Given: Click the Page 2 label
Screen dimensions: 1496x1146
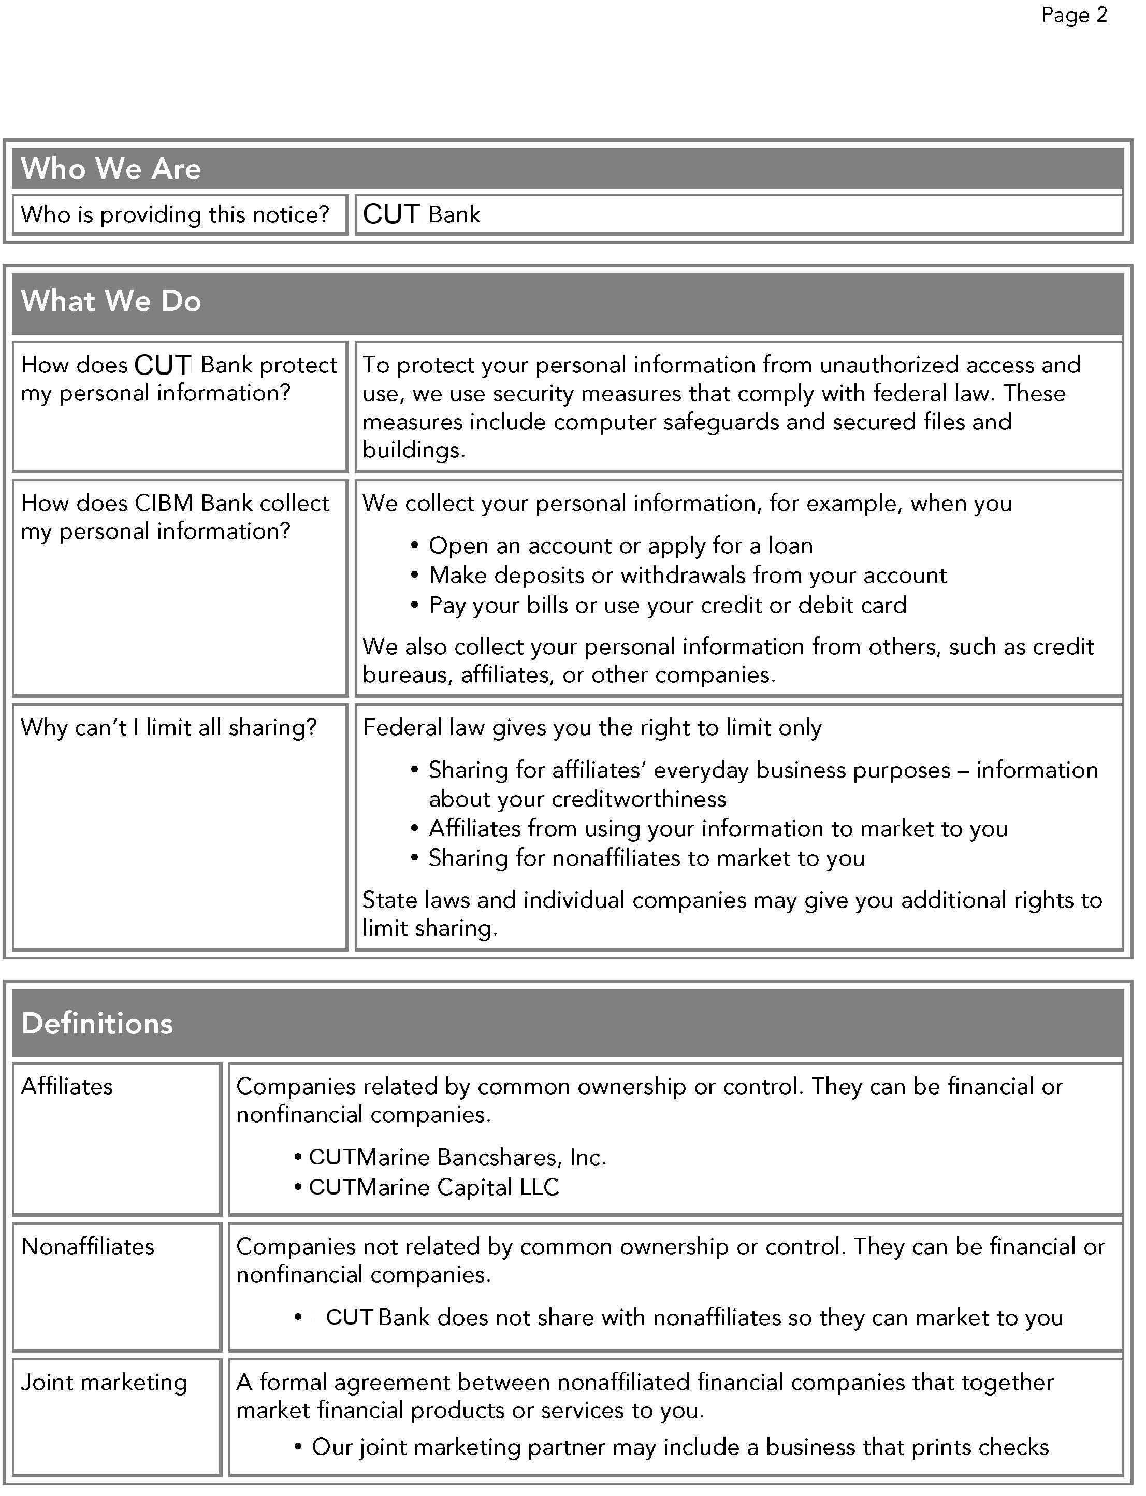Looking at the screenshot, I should [x=1074, y=15].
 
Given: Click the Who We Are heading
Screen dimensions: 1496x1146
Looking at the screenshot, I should [x=111, y=168].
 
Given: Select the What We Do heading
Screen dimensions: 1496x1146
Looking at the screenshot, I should [x=111, y=301].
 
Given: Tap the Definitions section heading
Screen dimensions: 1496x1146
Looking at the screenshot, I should [x=97, y=1023].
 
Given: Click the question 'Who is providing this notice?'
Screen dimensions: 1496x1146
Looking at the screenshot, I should [x=175, y=215].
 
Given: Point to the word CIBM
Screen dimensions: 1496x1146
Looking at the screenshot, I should [x=164, y=504].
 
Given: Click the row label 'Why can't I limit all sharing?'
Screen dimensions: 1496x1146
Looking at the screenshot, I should [x=168, y=727].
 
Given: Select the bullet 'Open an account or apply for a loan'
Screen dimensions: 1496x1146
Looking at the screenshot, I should [x=620, y=546].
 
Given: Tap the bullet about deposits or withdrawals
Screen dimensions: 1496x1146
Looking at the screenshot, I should [x=687, y=576].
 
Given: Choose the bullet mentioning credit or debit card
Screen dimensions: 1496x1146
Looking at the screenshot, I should [x=667, y=605].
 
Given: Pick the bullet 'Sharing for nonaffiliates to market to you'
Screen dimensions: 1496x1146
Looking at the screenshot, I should [x=646, y=858].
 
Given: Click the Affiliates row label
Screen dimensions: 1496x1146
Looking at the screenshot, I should [x=67, y=1087].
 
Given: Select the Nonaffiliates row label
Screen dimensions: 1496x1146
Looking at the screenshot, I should [x=88, y=1246].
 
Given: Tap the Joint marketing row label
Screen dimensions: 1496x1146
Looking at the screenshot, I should [x=104, y=1382].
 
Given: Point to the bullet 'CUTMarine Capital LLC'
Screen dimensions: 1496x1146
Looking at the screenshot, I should [x=433, y=1188].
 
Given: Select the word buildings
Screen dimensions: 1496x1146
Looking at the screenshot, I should [x=413, y=450].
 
